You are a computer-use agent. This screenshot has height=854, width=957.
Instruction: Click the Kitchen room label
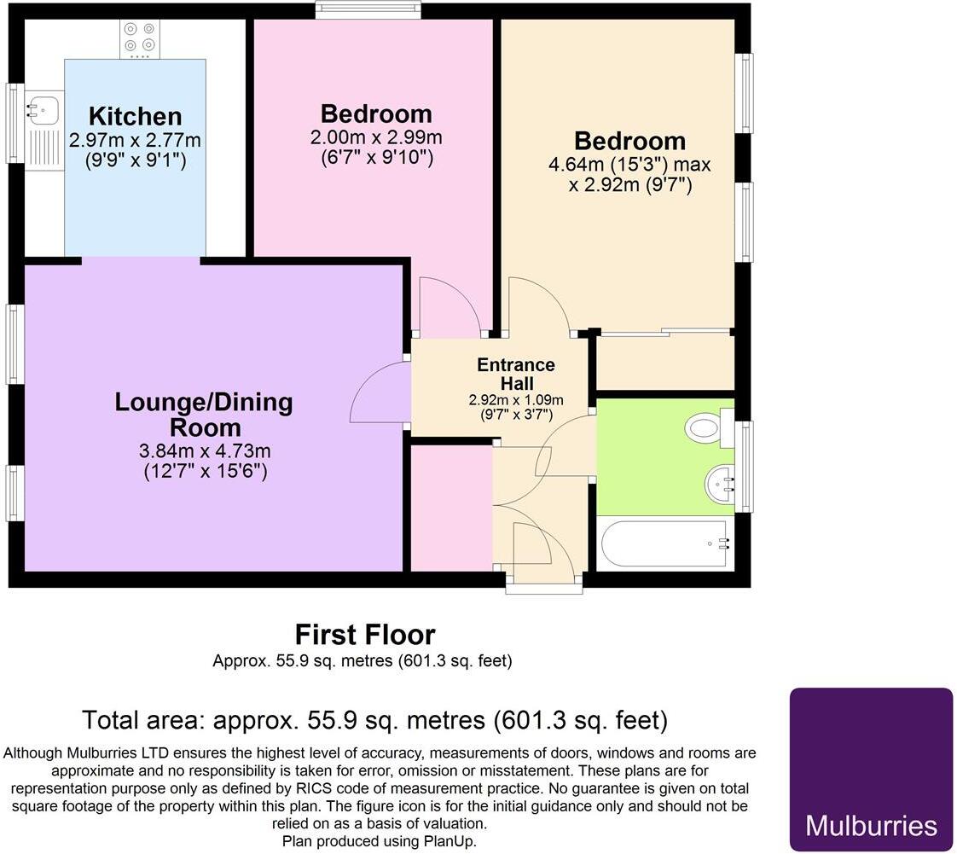coord(136,116)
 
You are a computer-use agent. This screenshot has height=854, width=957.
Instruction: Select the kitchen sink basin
coord(40,108)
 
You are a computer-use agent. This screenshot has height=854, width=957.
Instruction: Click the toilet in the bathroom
coord(706,427)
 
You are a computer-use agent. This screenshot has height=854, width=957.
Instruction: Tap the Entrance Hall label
coord(515,374)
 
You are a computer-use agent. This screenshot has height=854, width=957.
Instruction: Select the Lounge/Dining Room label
coord(203,415)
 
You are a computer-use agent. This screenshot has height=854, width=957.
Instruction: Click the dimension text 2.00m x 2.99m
coord(376,137)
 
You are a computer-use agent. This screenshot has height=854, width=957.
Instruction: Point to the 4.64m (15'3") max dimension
coord(629,164)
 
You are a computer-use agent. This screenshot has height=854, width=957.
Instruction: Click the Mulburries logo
coord(870,769)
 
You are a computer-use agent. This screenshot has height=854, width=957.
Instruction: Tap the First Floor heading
coord(364,635)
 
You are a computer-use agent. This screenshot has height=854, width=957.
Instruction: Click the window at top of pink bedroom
coord(368,10)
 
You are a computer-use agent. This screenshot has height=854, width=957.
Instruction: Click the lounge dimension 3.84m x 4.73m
coord(205,450)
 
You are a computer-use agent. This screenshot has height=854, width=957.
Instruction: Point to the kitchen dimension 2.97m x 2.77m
coord(136,139)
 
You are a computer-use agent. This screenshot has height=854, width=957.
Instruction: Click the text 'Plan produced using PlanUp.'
coord(379,840)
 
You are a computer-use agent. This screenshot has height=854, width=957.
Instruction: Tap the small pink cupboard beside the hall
coord(451,507)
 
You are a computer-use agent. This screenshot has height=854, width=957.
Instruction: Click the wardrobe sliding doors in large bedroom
coord(664,332)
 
